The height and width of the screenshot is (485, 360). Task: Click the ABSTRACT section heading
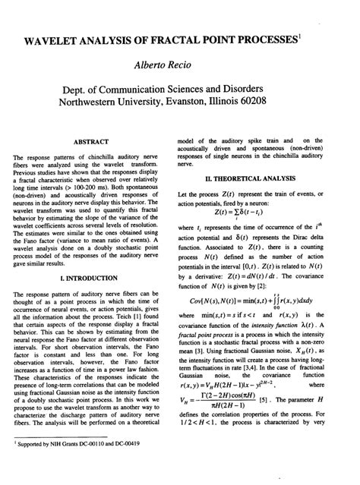tap(90, 141)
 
